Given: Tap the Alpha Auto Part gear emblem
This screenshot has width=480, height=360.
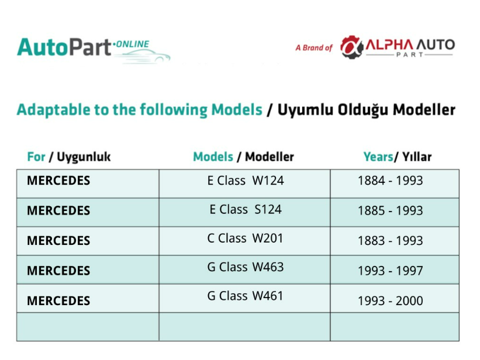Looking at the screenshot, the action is [352, 47].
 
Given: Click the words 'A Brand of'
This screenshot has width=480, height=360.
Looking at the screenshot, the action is [314, 48].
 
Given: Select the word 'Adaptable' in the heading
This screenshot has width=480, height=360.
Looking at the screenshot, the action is [54, 110].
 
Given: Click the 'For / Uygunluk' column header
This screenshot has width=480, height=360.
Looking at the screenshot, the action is [69, 157].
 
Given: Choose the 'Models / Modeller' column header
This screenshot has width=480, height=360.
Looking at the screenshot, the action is [243, 157].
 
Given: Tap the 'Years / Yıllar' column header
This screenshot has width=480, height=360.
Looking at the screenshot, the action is [398, 157].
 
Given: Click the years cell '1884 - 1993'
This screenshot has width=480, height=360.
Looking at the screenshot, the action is [391, 181].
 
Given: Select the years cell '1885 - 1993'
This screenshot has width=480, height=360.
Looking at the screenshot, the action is [391, 210].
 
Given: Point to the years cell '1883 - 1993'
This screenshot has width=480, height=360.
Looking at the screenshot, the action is [391, 241].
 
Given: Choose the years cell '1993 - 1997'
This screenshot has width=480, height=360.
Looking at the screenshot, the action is [391, 271].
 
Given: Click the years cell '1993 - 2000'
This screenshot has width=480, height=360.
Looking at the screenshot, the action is [391, 300].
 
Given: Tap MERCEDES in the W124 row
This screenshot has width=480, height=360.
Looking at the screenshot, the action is [58, 181].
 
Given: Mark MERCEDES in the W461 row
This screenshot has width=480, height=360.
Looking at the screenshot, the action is [58, 300].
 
